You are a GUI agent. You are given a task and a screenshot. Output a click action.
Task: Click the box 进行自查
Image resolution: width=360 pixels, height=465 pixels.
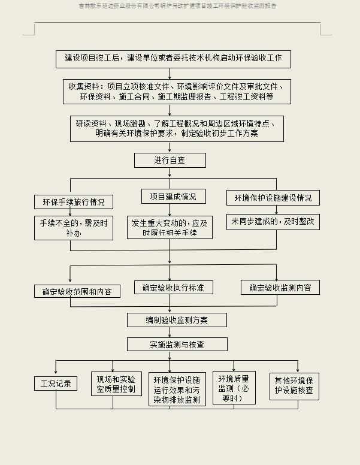tap(170, 160)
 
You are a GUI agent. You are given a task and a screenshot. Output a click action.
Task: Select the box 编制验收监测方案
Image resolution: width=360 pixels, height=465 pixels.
tap(177, 320)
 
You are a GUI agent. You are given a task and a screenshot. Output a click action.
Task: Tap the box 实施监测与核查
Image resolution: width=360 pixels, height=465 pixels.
tap(177, 345)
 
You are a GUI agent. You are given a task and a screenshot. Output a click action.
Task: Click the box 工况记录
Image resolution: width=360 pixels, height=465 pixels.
tap(56, 384)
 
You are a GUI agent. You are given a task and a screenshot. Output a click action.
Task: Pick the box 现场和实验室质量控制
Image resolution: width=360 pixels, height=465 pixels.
tap(116, 384)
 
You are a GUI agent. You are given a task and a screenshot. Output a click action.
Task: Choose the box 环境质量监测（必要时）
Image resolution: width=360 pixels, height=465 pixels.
tap(234, 388)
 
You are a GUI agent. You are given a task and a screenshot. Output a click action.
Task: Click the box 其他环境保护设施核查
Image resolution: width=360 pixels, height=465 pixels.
tap(294, 385)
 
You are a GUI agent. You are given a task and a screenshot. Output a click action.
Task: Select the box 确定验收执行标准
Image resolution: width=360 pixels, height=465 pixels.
tap(173, 288)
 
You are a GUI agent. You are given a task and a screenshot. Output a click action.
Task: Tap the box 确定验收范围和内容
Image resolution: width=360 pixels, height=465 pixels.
tap(77, 292)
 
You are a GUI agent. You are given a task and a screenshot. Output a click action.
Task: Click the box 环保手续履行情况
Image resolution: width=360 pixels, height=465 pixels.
tap(74, 202)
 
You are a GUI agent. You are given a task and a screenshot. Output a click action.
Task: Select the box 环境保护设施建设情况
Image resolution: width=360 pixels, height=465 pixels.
tap(273, 198)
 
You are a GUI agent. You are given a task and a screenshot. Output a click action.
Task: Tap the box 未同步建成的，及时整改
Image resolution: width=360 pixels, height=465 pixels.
tap(273, 221)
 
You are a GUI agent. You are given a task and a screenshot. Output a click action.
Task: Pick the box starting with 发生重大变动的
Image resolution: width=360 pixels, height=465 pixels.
tap(170, 227)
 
